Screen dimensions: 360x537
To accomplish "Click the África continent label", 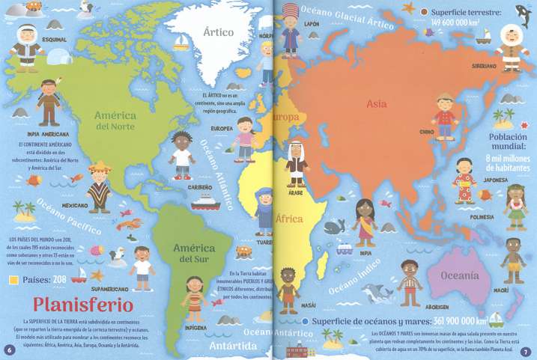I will click(x=288, y=219).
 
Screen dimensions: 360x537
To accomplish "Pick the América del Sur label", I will click(x=192, y=253).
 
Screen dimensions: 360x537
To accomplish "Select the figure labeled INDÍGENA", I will click(x=193, y=295).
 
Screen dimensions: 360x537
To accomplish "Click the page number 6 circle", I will click(x=9, y=350).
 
